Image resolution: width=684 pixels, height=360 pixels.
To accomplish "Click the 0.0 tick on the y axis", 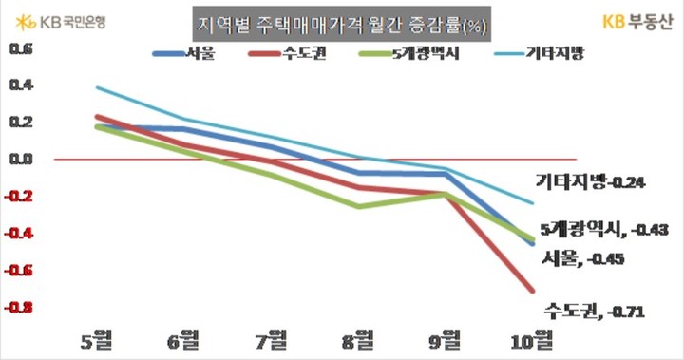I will [20, 159].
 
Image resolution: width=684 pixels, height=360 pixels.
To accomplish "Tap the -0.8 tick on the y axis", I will [18, 308].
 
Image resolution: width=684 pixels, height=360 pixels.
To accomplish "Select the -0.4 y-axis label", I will [18, 234].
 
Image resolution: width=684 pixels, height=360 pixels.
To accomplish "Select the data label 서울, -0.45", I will [582, 257].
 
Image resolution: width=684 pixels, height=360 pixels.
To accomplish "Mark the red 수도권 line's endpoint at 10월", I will [532, 291].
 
